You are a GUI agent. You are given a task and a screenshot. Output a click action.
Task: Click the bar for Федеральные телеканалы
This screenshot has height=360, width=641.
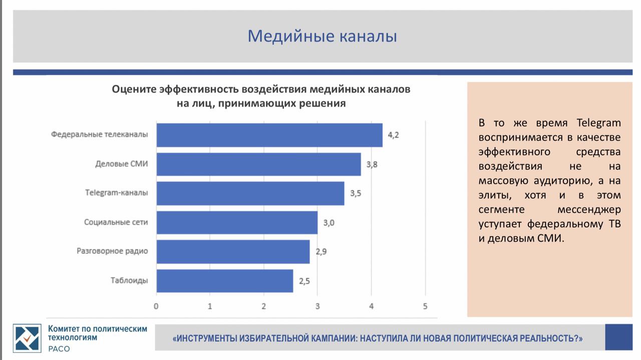tap(269, 135)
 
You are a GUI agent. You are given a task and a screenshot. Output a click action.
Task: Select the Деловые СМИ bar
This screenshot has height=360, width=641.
tap(259, 164)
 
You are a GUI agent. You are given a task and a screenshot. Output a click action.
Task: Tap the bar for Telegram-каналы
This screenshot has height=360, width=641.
tap(250, 193)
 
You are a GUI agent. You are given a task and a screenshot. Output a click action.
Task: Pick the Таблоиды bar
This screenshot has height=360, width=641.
tap(225, 281)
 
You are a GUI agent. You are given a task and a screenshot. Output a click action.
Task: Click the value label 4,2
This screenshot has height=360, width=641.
tap(393, 135)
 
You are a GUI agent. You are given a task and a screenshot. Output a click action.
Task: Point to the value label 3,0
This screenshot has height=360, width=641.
tap(329, 223)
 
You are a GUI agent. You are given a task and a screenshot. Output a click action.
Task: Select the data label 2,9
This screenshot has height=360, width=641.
tap(321, 251)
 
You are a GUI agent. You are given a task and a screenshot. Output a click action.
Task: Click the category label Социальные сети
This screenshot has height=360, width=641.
tap(116, 222)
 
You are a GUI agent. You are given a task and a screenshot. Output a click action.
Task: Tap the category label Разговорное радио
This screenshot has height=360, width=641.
tap(112, 251)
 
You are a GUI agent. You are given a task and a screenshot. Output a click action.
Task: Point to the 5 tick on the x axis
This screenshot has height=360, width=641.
tap(425, 306)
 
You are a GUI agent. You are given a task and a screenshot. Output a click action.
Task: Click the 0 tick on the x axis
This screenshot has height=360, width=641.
tap(156, 306)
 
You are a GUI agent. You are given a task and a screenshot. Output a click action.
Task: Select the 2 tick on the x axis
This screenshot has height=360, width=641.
tap(263, 306)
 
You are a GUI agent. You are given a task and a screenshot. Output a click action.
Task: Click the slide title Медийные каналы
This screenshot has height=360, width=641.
tap(322, 37)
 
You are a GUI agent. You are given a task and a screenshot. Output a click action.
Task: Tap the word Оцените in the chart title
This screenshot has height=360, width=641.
tap(134, 89)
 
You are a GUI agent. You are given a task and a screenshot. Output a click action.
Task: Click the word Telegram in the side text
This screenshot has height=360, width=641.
tap(598, 123)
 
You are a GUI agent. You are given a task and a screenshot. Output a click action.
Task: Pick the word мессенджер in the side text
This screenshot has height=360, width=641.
tap(589, 210)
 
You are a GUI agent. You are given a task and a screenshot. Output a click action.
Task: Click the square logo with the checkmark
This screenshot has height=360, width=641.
tap(27, 338)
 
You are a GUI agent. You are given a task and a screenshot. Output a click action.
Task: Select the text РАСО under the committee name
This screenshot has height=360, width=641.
tap(59, 349)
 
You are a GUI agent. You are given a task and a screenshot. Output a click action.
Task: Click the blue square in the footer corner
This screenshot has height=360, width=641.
tap(618, 337)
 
